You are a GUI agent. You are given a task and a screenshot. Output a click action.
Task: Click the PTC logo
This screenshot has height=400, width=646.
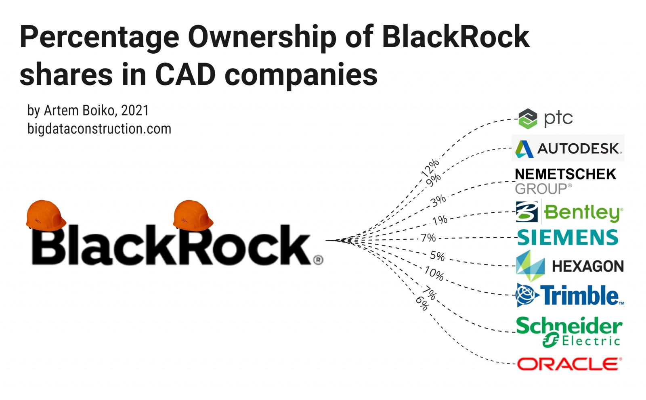click(x=545, y=118)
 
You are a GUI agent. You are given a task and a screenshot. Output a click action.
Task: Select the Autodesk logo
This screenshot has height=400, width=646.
click(x=568, y=149)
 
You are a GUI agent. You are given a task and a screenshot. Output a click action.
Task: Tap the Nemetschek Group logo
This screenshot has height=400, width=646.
click(x=565, y=181)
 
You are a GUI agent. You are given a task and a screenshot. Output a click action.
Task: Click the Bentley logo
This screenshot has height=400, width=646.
click(x=569, y=212)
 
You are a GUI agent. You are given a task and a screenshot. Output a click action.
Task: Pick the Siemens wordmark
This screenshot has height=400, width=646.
click(x=568, y=237)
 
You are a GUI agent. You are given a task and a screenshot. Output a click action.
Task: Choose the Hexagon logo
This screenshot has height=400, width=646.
click(x=570, y=266)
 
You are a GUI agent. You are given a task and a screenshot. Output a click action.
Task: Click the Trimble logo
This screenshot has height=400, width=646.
click(x=570, y=295)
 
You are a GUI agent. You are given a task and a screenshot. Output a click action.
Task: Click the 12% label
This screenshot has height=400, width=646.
click(x=430, y=168)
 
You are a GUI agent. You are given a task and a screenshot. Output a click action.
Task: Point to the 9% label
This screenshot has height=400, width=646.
click(x=433, y=180)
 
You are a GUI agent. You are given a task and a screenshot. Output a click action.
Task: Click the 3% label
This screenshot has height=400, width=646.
click(x=438, y=200)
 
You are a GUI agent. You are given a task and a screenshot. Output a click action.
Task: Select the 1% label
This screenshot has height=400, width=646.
click(x=440, y=220)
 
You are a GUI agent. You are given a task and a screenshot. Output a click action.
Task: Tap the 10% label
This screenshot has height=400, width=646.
click(x=434, y=273)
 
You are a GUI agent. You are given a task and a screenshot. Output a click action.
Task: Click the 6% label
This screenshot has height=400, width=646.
click(x=422, y=303)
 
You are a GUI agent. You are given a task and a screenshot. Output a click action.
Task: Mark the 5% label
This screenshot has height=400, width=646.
click(x=437, y=255)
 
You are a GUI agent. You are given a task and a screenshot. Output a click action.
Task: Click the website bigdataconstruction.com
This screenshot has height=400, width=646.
click(x=99, y=129)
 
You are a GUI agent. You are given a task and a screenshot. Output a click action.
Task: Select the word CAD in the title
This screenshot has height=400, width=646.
click(x=185, y=75)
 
